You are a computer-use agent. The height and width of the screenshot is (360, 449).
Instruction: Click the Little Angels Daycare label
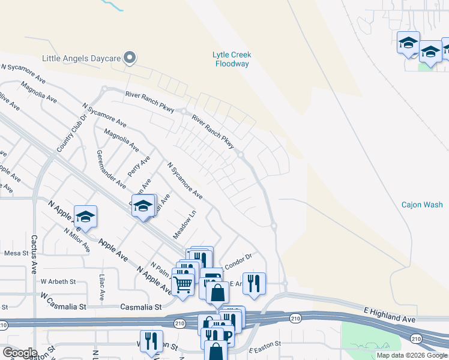pyautogui.click(x=81, y=58)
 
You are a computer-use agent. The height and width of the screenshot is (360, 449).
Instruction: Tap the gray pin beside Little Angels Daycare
pyautogui.click(x=130, y=58)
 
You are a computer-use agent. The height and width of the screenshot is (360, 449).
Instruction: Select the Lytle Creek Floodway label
pyautogui.click(x=232, y=59)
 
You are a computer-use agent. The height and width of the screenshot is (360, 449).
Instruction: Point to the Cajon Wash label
pyautogui.click(x=422, y=205)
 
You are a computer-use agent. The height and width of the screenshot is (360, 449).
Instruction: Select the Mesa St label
pyautogui.click(x=16, y=253)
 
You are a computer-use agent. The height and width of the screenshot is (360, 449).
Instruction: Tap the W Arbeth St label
pyautogui.click(x=58, y=281)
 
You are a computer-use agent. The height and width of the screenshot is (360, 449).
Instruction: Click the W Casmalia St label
pyautogui.click(x=64, y=296)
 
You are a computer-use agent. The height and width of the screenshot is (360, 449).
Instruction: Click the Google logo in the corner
pyautogui.click(x=19, y=352)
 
